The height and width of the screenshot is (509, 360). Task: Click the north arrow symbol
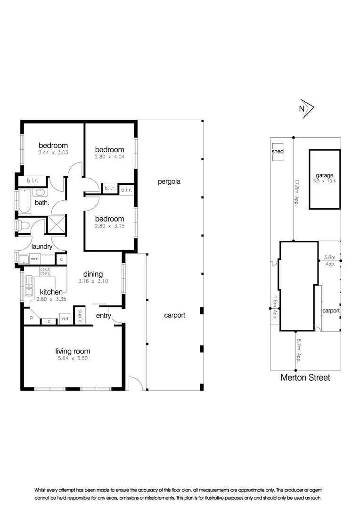[307, 108]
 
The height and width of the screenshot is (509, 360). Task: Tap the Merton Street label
[305, 377]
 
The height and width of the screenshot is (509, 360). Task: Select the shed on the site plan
[278, 152]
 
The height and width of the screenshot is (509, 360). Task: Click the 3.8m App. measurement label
[330, 261]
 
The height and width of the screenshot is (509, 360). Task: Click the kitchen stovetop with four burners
[45, 271]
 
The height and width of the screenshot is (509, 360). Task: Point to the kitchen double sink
[30, 284]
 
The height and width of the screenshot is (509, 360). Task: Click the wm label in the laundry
[34, 259]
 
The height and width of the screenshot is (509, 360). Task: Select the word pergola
[170, 181]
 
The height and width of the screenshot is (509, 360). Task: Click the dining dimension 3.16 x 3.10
[93, 281]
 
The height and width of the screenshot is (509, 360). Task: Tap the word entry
[103, 315]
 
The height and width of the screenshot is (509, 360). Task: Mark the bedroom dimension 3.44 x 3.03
[53, 153]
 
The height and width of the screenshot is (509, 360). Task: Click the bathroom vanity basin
[39, 193]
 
